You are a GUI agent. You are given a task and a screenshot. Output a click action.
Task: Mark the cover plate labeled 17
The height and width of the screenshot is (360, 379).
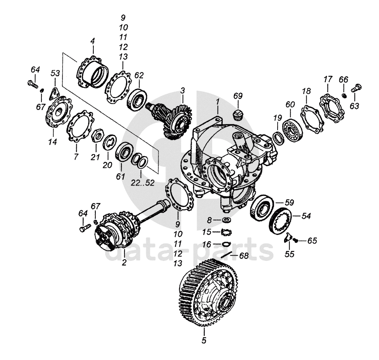click(x=330, y=107)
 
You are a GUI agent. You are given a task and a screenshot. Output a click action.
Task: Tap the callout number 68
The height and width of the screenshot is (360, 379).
click(x=243, y=256)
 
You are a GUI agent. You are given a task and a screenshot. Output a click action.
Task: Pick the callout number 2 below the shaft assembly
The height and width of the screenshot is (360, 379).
click(x=124, y=262)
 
